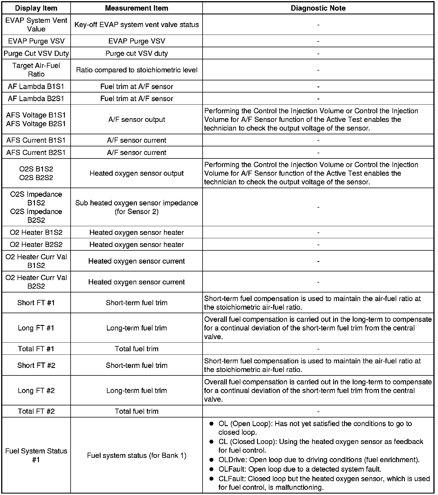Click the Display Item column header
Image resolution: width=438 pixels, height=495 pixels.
36,8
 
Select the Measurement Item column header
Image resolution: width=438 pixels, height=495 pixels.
137,8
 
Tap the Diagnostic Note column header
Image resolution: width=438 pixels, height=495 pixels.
318,8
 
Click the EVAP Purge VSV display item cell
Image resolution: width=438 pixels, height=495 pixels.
36,41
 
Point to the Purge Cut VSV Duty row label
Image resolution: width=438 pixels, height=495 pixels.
36,53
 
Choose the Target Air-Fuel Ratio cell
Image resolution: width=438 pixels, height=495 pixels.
36,70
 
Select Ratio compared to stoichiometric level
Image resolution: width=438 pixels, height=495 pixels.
137,70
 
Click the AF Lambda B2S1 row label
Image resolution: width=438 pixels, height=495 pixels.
36,99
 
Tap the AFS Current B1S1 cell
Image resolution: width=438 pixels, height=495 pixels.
36,140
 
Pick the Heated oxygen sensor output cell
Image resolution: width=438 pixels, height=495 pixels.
137,173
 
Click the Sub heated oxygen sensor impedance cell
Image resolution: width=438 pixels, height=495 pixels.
137,207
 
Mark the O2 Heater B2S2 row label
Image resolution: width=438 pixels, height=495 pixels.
36,245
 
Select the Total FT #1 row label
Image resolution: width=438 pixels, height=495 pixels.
36,349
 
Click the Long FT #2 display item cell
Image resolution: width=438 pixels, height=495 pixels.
36,390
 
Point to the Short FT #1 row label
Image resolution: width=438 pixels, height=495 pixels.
36,303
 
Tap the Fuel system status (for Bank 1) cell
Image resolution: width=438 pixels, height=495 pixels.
137,456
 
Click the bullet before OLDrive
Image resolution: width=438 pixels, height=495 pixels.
212,460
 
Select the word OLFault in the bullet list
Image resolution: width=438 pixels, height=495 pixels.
232,469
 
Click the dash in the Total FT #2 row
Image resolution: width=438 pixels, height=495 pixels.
318,411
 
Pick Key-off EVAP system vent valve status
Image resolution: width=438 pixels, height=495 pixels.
137,25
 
